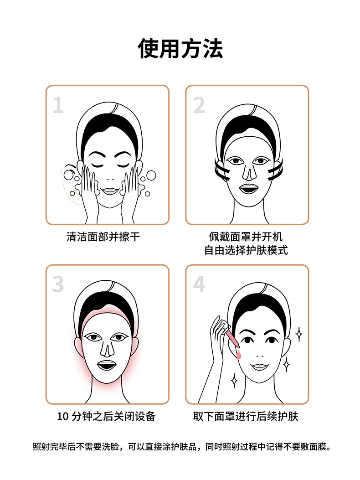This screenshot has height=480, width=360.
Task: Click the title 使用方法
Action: pyautogui.click(x=180, y=49)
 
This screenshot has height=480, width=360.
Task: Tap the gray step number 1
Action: pyautogui.click(x=58, y=105)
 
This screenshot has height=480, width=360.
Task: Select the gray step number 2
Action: pyautogui.click(x=199, y=105)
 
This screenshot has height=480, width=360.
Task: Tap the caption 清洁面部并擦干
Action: pyautogui.click(x=103, y=237)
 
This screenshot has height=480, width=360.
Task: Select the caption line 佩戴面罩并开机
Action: pyautogui.click(x=246, y=237)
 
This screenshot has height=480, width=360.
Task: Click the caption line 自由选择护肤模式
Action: pyautogui.click(x=246, y=251)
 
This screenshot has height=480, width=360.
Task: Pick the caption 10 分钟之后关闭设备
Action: pyautogui.click(x=107, y=416)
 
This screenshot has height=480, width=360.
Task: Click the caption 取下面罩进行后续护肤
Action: pyautogui.click(x=246, y=416)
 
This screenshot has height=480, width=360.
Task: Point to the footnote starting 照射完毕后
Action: pyautogui.click(x=180, y=447)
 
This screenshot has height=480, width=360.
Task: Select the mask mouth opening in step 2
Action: pyautogui.click(x=249, y=188)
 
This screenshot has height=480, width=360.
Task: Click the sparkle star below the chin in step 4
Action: pyautogui.click(x=234, y=380)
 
